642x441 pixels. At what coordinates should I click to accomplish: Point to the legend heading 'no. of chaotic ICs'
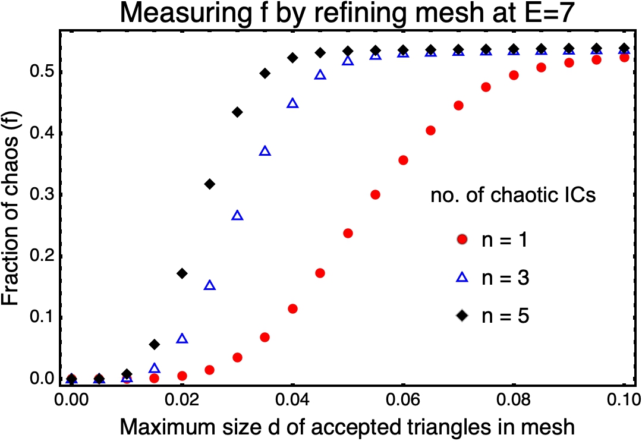point(512,196)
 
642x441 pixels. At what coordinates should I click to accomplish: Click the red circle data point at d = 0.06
point(403,160)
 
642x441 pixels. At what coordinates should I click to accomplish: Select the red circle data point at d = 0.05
point(348,233)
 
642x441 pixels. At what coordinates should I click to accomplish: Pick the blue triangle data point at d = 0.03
point(237,215)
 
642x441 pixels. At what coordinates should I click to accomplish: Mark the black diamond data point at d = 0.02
point(182,273)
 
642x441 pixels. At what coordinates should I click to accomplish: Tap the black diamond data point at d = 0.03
point(237,112)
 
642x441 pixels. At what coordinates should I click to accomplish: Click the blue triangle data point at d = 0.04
point(292,103)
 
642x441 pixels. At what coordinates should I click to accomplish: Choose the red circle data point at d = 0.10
point(624,58)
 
